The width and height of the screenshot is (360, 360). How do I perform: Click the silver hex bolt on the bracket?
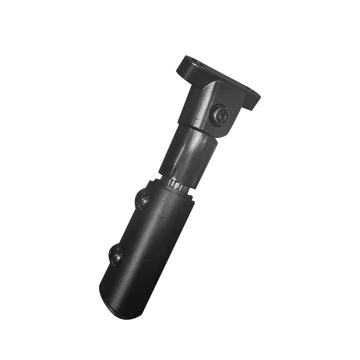click(221, 116)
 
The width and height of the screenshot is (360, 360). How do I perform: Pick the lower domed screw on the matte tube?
click(116, 255)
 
